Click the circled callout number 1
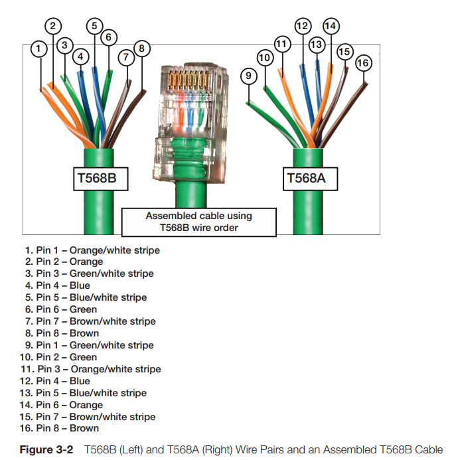tap(39, 48)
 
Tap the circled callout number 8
tap(141, 48)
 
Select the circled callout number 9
tap(248, 76)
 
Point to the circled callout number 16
tap(362, 63)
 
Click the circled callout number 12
tap(303, 27)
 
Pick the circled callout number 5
tap(94, 27)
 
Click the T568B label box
tap(100, 179)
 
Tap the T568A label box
tap(311, 179)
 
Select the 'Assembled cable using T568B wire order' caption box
tap(198, 222)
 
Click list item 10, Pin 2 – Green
tap(61, 357)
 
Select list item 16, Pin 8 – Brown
tap(62, 429)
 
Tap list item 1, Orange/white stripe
tap(93, 250)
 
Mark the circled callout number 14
tap(330, 27)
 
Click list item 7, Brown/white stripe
tap(90, 321)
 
